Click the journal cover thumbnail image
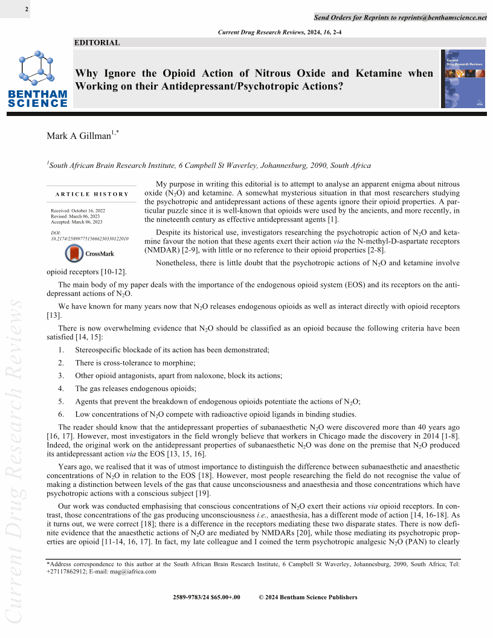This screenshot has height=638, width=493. [x=463, y=79]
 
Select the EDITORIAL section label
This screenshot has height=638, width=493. [x=97, y=43]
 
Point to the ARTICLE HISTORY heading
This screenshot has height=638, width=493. [x=92, y=194]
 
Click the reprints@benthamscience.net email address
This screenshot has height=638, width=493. [x=442, y=18]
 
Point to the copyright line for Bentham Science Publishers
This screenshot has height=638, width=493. [x=308, y=598]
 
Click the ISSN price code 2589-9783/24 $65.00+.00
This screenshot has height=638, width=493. [x=206, y=598]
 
